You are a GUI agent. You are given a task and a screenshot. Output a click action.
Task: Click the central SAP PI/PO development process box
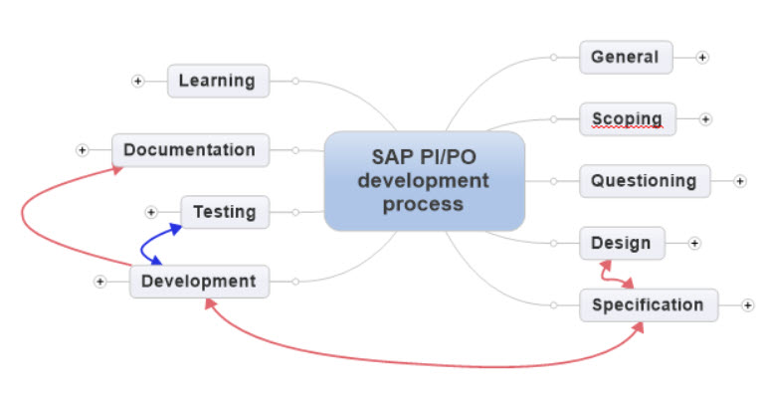(x=424, y=180)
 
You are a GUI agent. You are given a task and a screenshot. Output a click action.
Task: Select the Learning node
(x=218, y=81)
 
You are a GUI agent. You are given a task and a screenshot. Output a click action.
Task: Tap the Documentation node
(x=189, y=150)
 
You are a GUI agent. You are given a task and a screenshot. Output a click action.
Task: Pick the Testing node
(x=224, y=212)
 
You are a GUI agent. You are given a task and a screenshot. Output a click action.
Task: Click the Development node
(x=198, y=282)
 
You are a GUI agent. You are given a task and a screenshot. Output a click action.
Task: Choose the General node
(x=625, y=57)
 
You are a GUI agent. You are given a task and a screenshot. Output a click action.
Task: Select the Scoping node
(x=627, y=119)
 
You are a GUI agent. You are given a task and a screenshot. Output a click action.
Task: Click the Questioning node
(x=644, y=181)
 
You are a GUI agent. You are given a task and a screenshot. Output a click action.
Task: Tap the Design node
(x=621, y=243)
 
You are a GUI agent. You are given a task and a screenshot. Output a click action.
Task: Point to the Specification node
(x=648, y=305)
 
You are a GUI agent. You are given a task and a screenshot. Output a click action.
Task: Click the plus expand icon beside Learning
(x=137, y=81)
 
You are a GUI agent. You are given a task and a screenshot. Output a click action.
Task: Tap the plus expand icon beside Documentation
(x=82, y=150)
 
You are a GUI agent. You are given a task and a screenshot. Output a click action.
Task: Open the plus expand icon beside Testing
(x=151, y=212)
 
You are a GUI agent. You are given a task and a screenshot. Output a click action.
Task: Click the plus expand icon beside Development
(x=99, y=282)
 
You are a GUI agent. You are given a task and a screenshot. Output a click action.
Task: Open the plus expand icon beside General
(x=702, y=57)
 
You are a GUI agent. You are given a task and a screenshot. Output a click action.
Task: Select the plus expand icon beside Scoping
(x=705, y=119)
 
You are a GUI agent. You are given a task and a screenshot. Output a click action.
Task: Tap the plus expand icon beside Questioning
(x=740, y=181)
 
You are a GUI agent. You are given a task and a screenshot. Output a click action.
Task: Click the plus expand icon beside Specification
(x=747, y=305)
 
